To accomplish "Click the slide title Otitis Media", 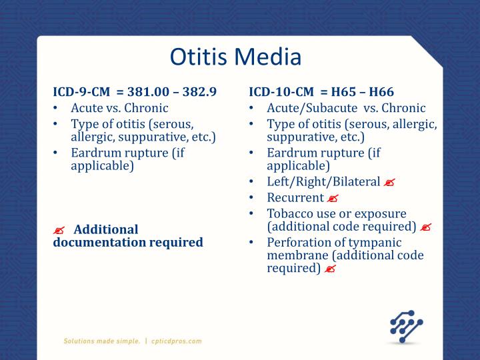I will [236, 56].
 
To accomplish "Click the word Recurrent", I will [295, 197].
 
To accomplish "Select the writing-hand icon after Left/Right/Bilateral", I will [390, 182].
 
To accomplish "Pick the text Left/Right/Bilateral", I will [323, 181].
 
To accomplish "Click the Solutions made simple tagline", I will [101, 341].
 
